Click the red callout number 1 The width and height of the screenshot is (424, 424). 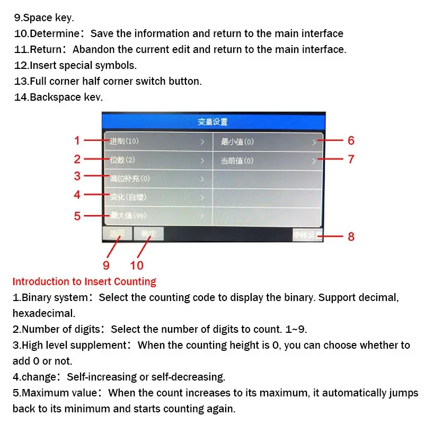click(x=77, y=141)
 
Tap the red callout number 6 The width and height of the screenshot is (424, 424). click(x=351, y=141)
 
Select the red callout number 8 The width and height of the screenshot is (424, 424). click(x=351, y=237)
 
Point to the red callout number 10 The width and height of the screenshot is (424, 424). click(x=137, y=264)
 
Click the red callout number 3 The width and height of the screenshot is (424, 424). click(x=77, y=176)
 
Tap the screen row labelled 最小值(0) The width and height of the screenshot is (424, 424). click(x=268, y=142)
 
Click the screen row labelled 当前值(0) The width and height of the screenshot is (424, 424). click(x=268, y=160)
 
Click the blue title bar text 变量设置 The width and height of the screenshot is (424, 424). click(x=213, y=122)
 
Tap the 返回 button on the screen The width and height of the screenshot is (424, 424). click(x=117, y=233)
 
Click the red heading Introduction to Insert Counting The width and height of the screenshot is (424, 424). click(x=84, y=281)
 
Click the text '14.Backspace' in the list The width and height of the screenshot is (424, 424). click(x=47, y=97)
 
